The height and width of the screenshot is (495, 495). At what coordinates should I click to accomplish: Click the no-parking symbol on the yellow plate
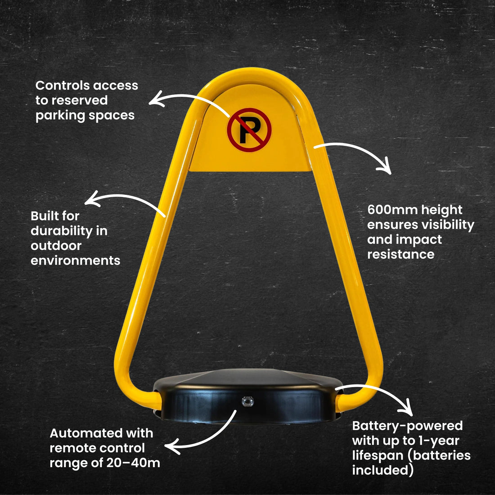point(249,130)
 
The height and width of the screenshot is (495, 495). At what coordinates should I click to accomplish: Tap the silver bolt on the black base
point(247,401)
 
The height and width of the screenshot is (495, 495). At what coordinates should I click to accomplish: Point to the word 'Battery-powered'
point(407,426)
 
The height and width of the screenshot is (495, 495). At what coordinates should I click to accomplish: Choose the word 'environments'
point(76,261)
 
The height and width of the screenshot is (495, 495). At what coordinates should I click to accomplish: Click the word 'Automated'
point(85,433)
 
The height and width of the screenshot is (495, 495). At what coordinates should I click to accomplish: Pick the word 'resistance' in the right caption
point(400,254)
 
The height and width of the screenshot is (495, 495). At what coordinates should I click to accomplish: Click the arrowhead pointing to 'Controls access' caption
point(156,99)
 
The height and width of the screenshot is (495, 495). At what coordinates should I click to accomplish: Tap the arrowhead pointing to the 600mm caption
point(384,166)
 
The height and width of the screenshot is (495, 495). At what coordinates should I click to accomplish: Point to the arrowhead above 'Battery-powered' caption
point(405,408)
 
